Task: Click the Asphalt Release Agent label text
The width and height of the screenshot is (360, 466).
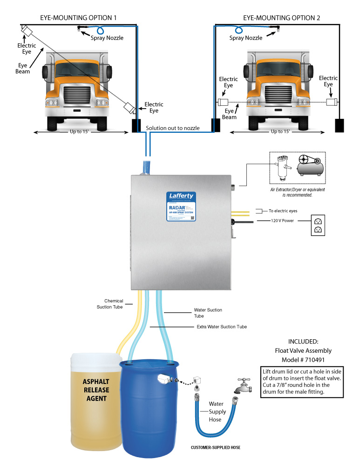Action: (x=96, y=390)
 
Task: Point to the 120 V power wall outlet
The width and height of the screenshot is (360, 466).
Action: (x=318, y=224)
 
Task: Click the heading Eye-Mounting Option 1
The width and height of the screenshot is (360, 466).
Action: (x=77, y=18)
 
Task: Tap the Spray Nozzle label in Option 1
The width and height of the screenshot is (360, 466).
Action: (x=109, y=38)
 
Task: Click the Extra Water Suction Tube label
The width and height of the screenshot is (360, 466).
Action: (x=221, y=327)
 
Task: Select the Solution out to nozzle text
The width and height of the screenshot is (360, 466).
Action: (x=173, y=128)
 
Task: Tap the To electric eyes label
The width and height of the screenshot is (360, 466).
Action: (x=283, y=211)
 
